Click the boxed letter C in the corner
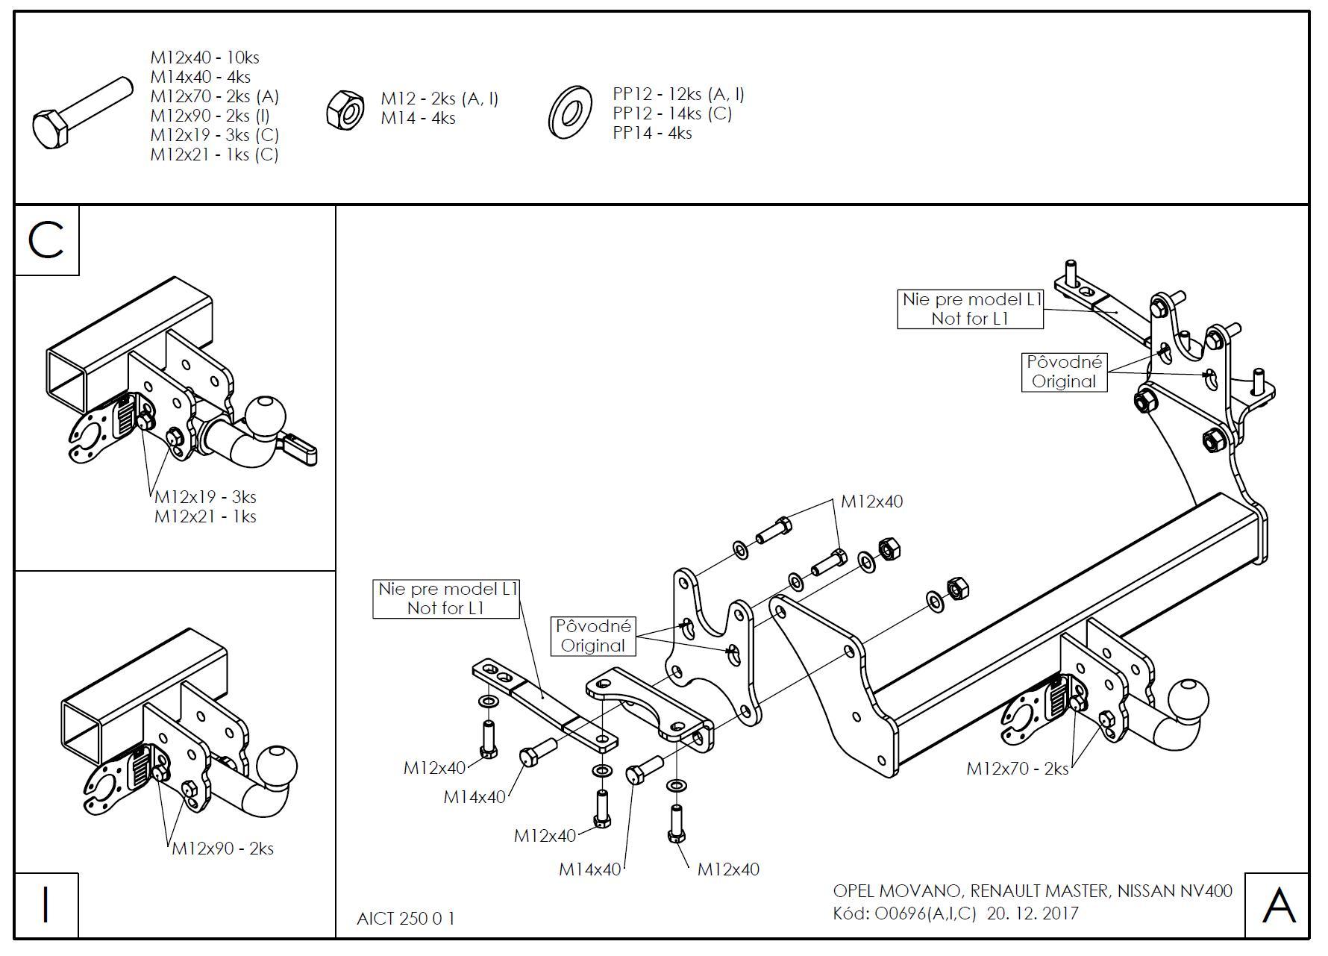(46, 240)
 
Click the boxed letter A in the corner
(1278, 905)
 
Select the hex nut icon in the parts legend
(345, 110)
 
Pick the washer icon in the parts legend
(570, 113)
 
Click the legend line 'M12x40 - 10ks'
(204, 57)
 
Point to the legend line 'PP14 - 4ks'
(652, 133)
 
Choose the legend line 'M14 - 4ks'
(418, 118)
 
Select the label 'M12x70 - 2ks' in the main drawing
(1017, 768)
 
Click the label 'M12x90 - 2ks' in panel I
(222, 849)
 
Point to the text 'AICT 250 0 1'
(405, 918)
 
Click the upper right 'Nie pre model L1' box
(970, 309)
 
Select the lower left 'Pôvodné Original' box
(593, 636)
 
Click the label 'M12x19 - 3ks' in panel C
(205, 497)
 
